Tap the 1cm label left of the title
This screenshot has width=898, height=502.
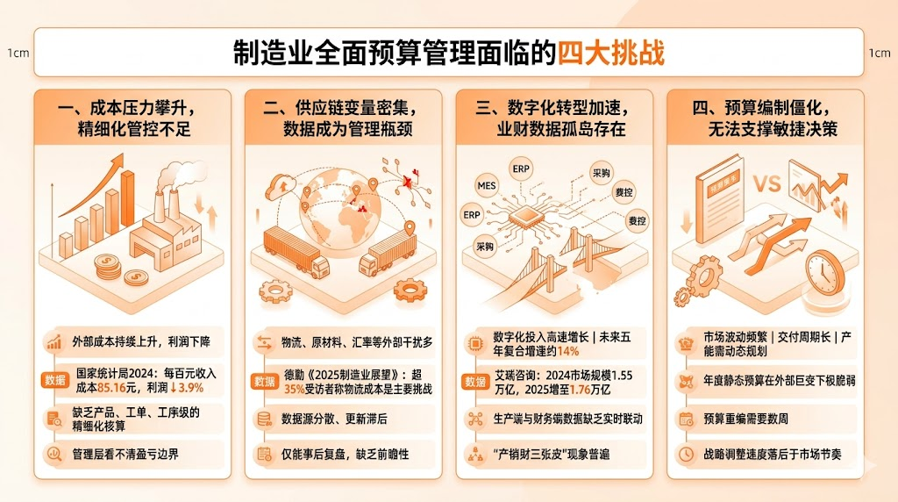coord(18,53)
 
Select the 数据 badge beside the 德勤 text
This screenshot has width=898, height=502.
coord(264,381)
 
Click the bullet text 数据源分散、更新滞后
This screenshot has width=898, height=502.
coord(336,420)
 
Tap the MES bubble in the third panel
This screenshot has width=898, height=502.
coord(487,186)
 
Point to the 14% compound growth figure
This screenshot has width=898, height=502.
coord(568,351)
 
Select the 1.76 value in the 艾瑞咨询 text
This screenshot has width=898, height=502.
coord(580,389)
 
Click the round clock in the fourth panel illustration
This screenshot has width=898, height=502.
coord(824,272)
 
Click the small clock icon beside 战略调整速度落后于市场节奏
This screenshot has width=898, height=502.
coord(686,455)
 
